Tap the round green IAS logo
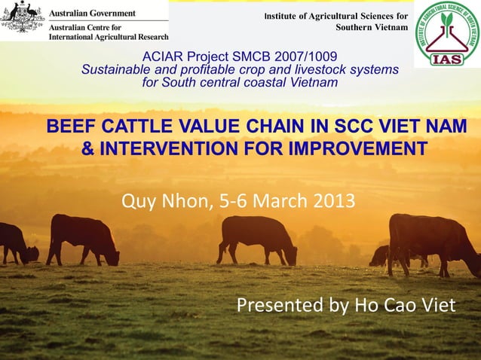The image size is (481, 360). click(x=446, y=34)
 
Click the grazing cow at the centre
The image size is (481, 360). click(x=256, y=238)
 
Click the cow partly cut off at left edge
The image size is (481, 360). click(x=15, y=243)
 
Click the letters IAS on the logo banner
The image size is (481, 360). click(x=446, y=59)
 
